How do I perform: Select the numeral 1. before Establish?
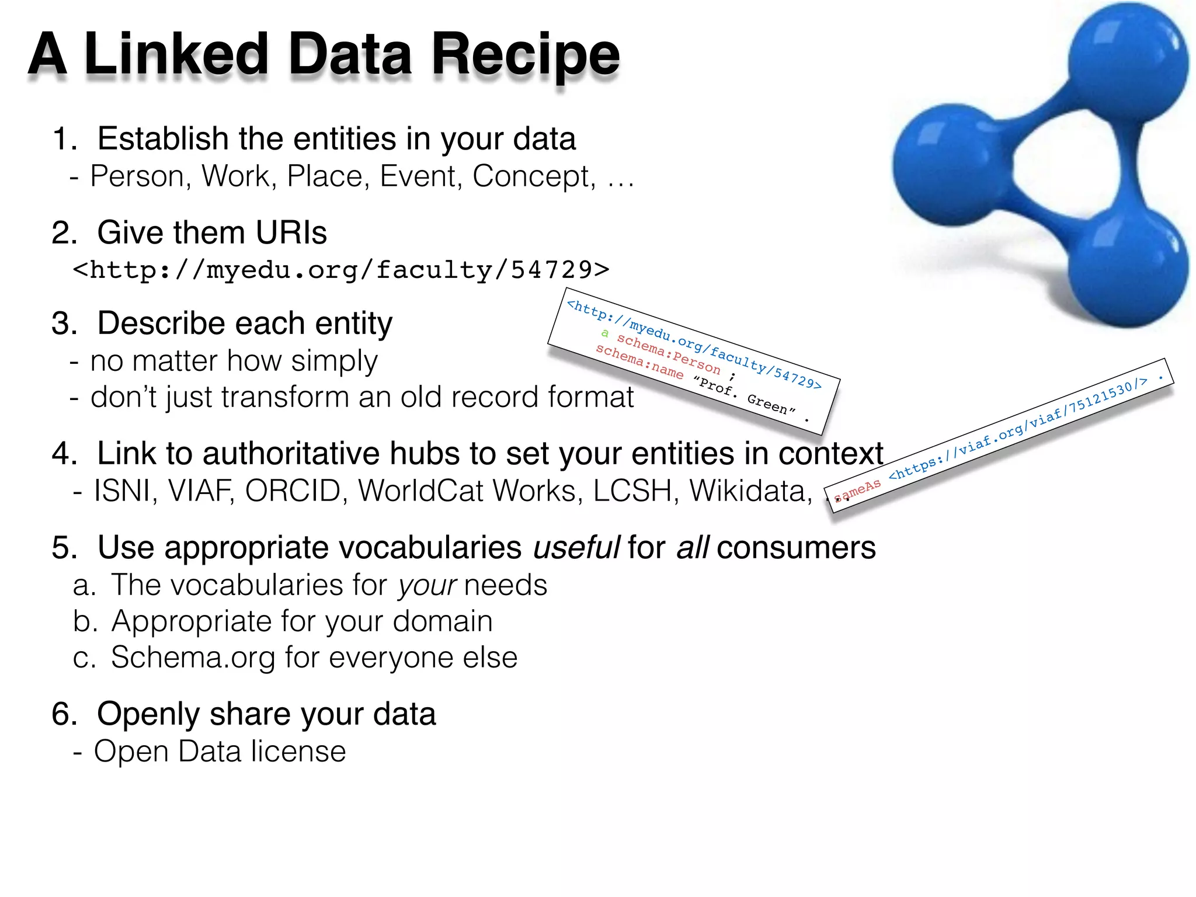(64, 140)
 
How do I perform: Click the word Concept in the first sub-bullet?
(533, 176)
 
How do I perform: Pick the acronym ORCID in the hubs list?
(293, 491)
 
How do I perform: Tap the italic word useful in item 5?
(576, 548)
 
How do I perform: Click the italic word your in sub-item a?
(426, 585)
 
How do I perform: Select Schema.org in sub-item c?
(193, 658)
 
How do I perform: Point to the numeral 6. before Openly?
(64, 714)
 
